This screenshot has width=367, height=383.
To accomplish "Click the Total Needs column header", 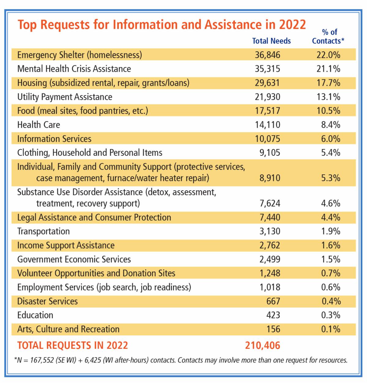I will point(271,41).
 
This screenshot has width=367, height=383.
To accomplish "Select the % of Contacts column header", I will point(328,36).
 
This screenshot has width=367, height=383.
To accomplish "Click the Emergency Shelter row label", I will point(80,55).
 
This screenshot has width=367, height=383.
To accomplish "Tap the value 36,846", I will point(267,55).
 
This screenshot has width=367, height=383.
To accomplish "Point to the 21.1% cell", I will point(328,69).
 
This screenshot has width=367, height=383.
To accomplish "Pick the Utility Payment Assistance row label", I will point(65,97).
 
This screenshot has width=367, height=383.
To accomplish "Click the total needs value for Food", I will point(267,111).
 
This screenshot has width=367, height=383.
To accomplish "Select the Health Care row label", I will point(39,125).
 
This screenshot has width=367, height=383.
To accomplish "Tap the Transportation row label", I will point(43,232).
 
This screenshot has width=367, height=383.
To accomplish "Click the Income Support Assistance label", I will point(66,246).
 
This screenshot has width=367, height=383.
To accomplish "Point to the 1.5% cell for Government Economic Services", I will point(331,260).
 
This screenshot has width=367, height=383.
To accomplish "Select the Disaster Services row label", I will point(47,301).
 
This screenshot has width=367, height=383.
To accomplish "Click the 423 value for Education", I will point(273,315).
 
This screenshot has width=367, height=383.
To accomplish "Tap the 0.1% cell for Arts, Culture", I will point(331,329).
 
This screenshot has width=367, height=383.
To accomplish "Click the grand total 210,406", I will point(262,345).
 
